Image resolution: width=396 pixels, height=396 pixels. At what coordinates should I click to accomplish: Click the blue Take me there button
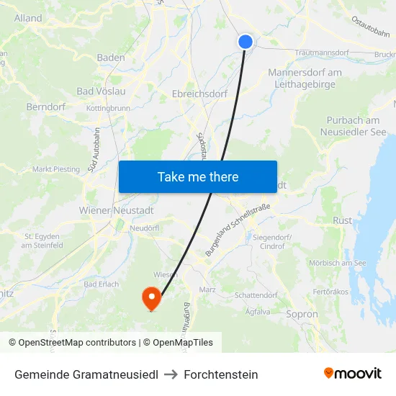(x=198, y=176)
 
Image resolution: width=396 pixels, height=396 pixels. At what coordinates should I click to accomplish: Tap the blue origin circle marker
(x=246, y=42)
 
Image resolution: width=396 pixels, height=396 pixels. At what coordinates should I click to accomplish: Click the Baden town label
(x=111, y=58)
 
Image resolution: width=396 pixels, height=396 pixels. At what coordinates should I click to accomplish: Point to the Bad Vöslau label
(x=101, y=91)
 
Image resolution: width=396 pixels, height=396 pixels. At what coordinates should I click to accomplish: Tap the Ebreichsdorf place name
(x=199, y=94)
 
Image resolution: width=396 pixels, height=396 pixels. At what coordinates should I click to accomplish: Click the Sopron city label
(x=302, y=315)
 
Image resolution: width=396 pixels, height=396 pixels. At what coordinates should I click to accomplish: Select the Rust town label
(x=342, y=220)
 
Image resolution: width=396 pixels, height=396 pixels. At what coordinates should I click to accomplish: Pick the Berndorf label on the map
(x=46, y=107)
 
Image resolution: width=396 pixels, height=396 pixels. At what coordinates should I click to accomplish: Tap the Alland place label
(x=28, y=18)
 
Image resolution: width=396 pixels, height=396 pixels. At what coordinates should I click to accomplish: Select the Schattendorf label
(x=258, y=295)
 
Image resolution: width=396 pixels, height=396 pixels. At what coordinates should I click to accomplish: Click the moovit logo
(x=352, y=374)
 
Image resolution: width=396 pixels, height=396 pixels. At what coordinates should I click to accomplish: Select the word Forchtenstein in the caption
(x=221, y=374)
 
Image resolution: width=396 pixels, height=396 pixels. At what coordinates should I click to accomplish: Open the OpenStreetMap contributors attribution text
(x=72, y=343)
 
